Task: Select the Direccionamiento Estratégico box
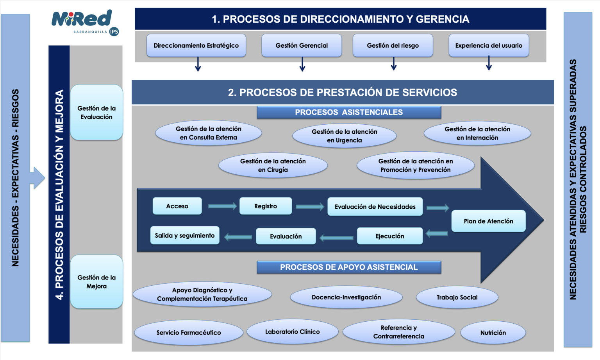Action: coord(196,45)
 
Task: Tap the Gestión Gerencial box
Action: coord(302,45)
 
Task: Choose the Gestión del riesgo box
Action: coord(393,45)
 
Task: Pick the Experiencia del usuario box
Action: coord(489,45)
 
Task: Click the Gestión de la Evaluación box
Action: coord(96,113)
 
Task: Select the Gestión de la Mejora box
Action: coord(96,282)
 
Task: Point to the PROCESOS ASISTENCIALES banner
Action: coord(349,112)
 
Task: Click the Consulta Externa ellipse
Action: coord(209,133)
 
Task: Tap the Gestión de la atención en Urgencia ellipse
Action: coord(344,136)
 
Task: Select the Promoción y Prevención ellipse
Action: coord(416,165)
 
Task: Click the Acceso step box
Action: coord(177,206)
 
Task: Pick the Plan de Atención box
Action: coord(488,221)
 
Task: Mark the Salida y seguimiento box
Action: coord(184,235)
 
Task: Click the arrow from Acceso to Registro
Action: coord(222,206)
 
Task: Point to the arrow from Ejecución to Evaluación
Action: coord(336,238)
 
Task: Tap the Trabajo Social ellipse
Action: coord(457,297)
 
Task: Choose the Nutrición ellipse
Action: coord(493,333)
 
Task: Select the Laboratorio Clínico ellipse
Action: coord(292,331)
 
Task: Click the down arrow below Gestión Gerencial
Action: coord(302,64)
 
